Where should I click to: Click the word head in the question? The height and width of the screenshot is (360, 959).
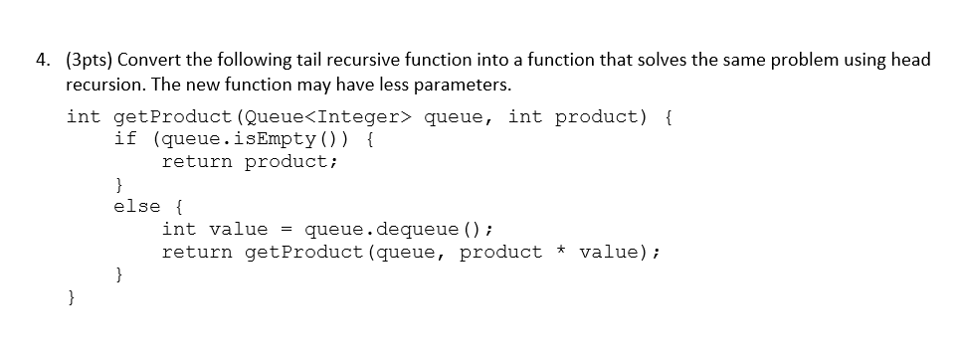[x=909, y=60]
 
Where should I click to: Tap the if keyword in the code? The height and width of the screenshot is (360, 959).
[x=125, y=139]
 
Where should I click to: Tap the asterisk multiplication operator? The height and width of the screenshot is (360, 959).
[x=561, y=253]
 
